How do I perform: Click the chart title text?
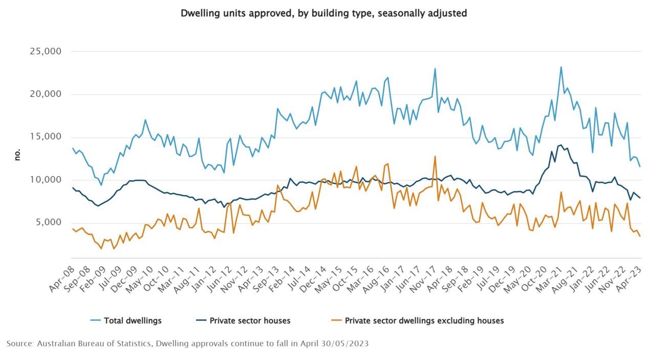click(x=323, y=14)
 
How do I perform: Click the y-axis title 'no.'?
click(x=17, y=155)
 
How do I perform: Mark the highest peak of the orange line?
click(x=435, y=157)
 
